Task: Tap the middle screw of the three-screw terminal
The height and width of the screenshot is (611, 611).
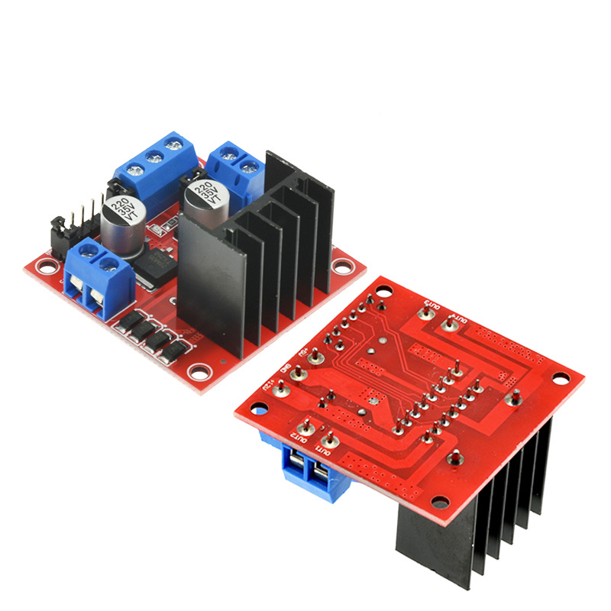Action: pyautogui.click(x=155, y=158)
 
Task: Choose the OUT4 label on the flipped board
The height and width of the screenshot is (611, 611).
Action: pyautogui.click(x=457, y=314)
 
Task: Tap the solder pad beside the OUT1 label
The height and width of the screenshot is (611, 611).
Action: pyautogui.click(x=331, y=440)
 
